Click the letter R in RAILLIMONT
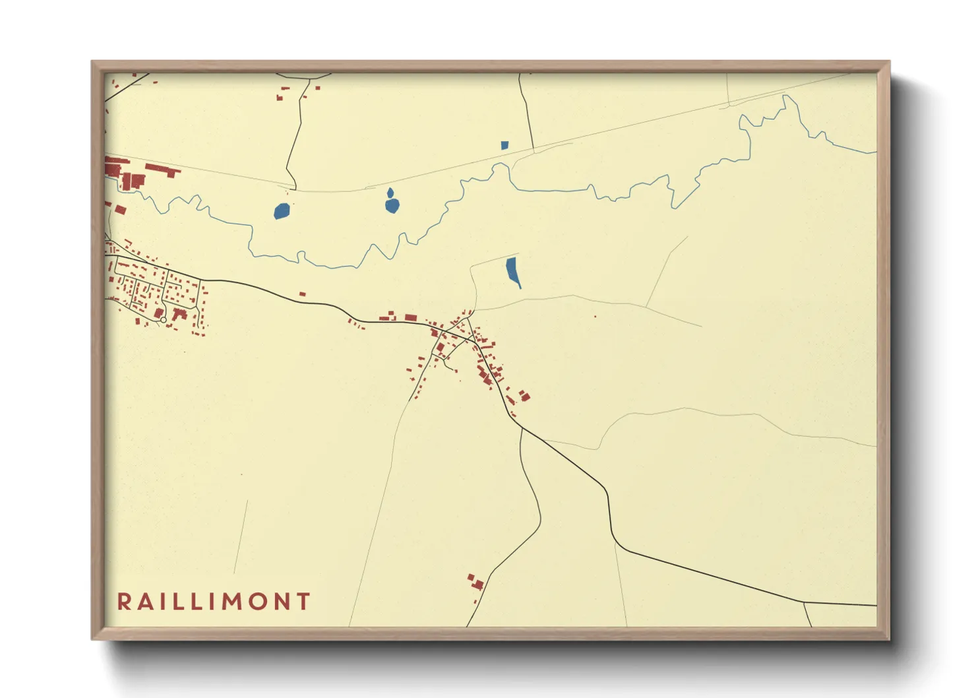click(x=123, y=602)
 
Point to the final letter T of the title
click(x=303, y=602)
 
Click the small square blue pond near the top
click(x=504, y=145)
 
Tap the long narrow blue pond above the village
click(x=512, y=270)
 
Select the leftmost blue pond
click(x=282, y=211)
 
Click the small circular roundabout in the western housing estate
click(x=164, y=320)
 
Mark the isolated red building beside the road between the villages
click(x=303, y=294)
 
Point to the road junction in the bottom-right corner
click(x=804, y=602)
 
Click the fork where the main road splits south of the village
click(x=522, y=428)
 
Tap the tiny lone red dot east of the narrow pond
click(x=595, y=317)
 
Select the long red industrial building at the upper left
click(x=162, y=170)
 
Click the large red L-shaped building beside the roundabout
click(x=179, y=314)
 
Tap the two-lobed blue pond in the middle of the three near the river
click(x=392, y=203)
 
